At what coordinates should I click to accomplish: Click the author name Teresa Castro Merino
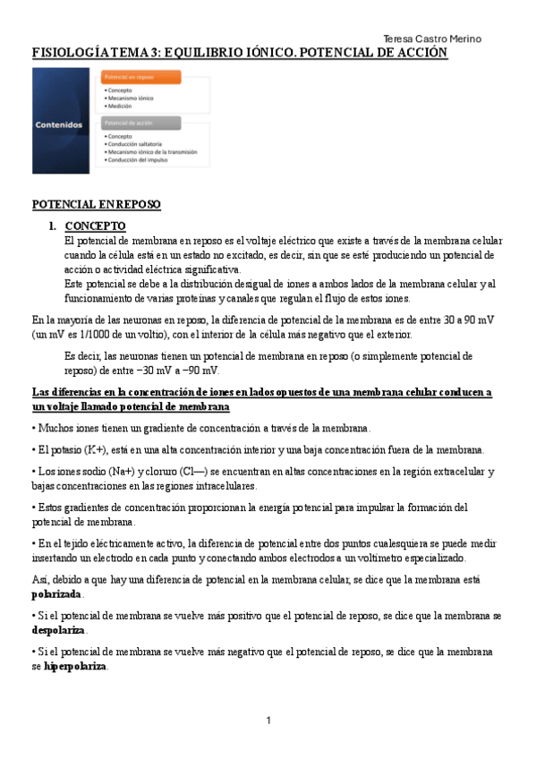tap(431, 38)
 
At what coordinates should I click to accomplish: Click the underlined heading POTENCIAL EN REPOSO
tap(97, 205)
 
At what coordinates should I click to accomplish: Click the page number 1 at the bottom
tap(268, 721)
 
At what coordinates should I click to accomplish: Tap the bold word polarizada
tap(57, 594)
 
